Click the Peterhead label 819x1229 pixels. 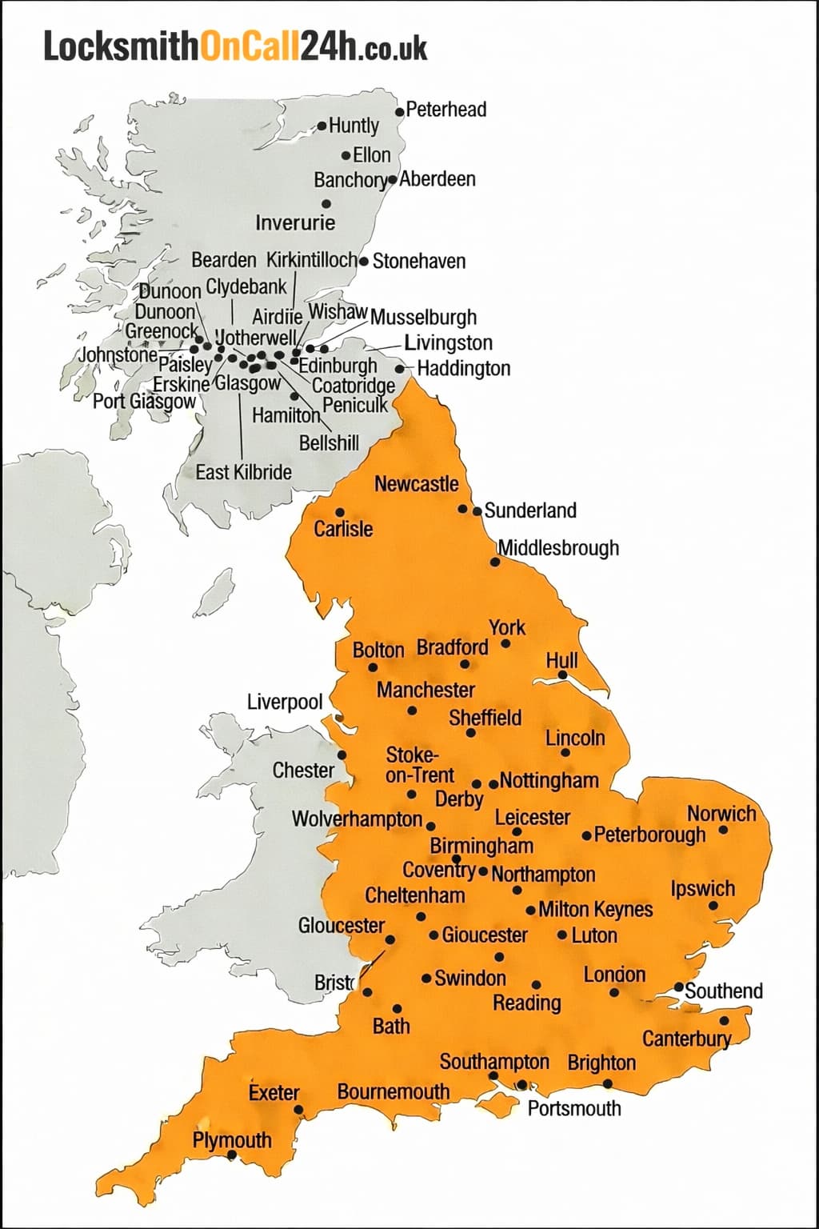(x=445, y=110)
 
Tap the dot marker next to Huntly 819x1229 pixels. (x=322, y=126)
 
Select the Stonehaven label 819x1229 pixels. (x=418, y=261)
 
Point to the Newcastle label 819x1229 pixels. (x=416, y=484)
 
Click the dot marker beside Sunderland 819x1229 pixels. (x=477, y=510)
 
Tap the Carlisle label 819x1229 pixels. (x=343, y=529)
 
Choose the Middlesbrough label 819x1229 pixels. (x=558, y=548)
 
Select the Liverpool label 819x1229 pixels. (x=284, y=703)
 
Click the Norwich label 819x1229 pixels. (x=721, y=814)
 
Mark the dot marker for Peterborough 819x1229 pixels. (x=587, y=836)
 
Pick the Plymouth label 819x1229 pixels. (x=231, y=1140)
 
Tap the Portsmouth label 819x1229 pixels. (x=574, y=1108)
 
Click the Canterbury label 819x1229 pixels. (x=686, y=1039)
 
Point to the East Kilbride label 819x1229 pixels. (x=243, y=472)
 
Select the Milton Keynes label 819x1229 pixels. (x=595, y=910)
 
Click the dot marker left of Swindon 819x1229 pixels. (x=426, y=978)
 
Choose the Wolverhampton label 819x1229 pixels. (x=357, y=819)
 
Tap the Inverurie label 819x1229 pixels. (x=295, y=222)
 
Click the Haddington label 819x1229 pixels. (x=463, y=369)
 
